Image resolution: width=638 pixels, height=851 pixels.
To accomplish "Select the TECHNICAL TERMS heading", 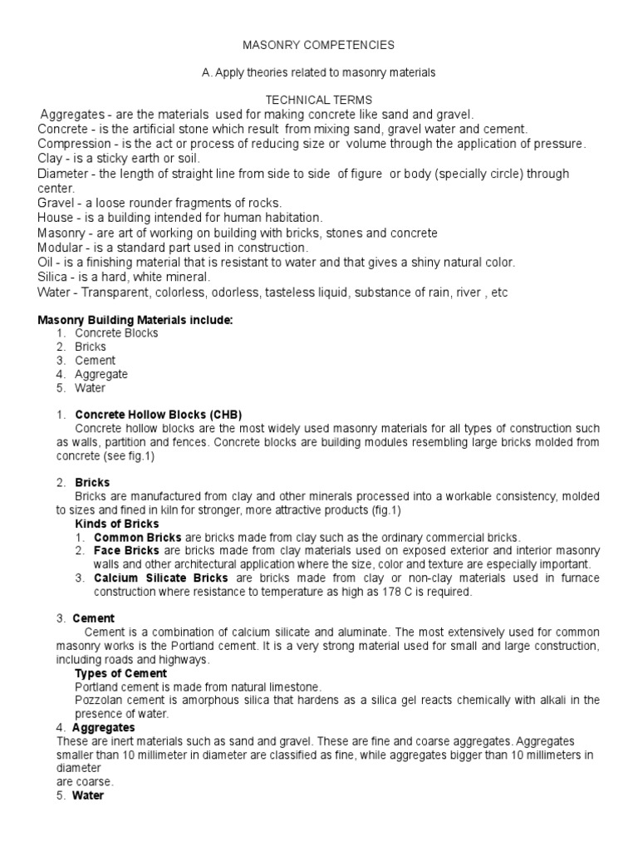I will pos(318,99).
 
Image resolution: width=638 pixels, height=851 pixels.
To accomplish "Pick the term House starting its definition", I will pos(55,218).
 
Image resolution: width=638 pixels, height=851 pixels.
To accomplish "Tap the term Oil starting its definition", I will pos(47,263).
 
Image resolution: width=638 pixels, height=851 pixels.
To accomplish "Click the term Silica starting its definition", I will pos(54,277).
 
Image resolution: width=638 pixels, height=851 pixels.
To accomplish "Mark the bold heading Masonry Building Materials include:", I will pos(136,319).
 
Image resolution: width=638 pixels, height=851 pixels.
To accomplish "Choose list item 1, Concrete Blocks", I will pos(116,333).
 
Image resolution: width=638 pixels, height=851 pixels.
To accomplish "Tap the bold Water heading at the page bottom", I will pos(89,795).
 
